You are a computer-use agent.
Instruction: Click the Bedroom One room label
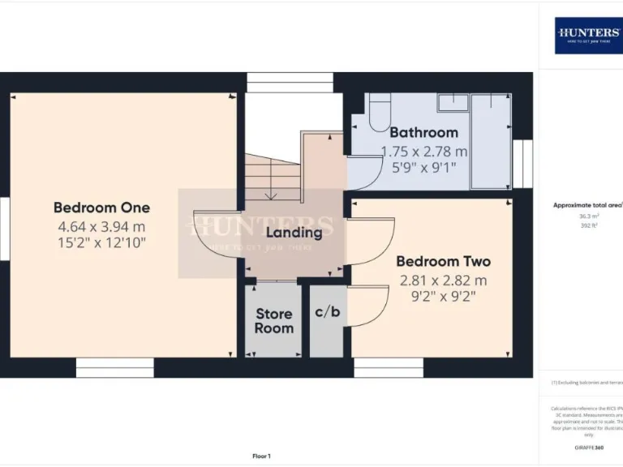(101, 207)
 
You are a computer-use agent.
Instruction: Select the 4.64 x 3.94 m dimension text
(101, 226)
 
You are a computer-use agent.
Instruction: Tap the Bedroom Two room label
(443, 262)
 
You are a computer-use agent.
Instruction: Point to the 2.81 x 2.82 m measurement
(443, 281)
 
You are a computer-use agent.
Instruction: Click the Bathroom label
(423, 132)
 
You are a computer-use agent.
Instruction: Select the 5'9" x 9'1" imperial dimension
(423, 168)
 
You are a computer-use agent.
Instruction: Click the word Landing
(295, 232)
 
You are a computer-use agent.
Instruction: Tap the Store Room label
(274, 321)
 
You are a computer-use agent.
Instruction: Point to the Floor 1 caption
(261, 456)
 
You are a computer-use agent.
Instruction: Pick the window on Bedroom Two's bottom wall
(388, 368)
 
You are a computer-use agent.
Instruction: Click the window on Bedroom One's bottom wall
(114, 368)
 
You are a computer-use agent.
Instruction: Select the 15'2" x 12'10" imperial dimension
(101, 242)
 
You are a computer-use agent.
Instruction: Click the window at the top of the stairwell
(290, 82)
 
